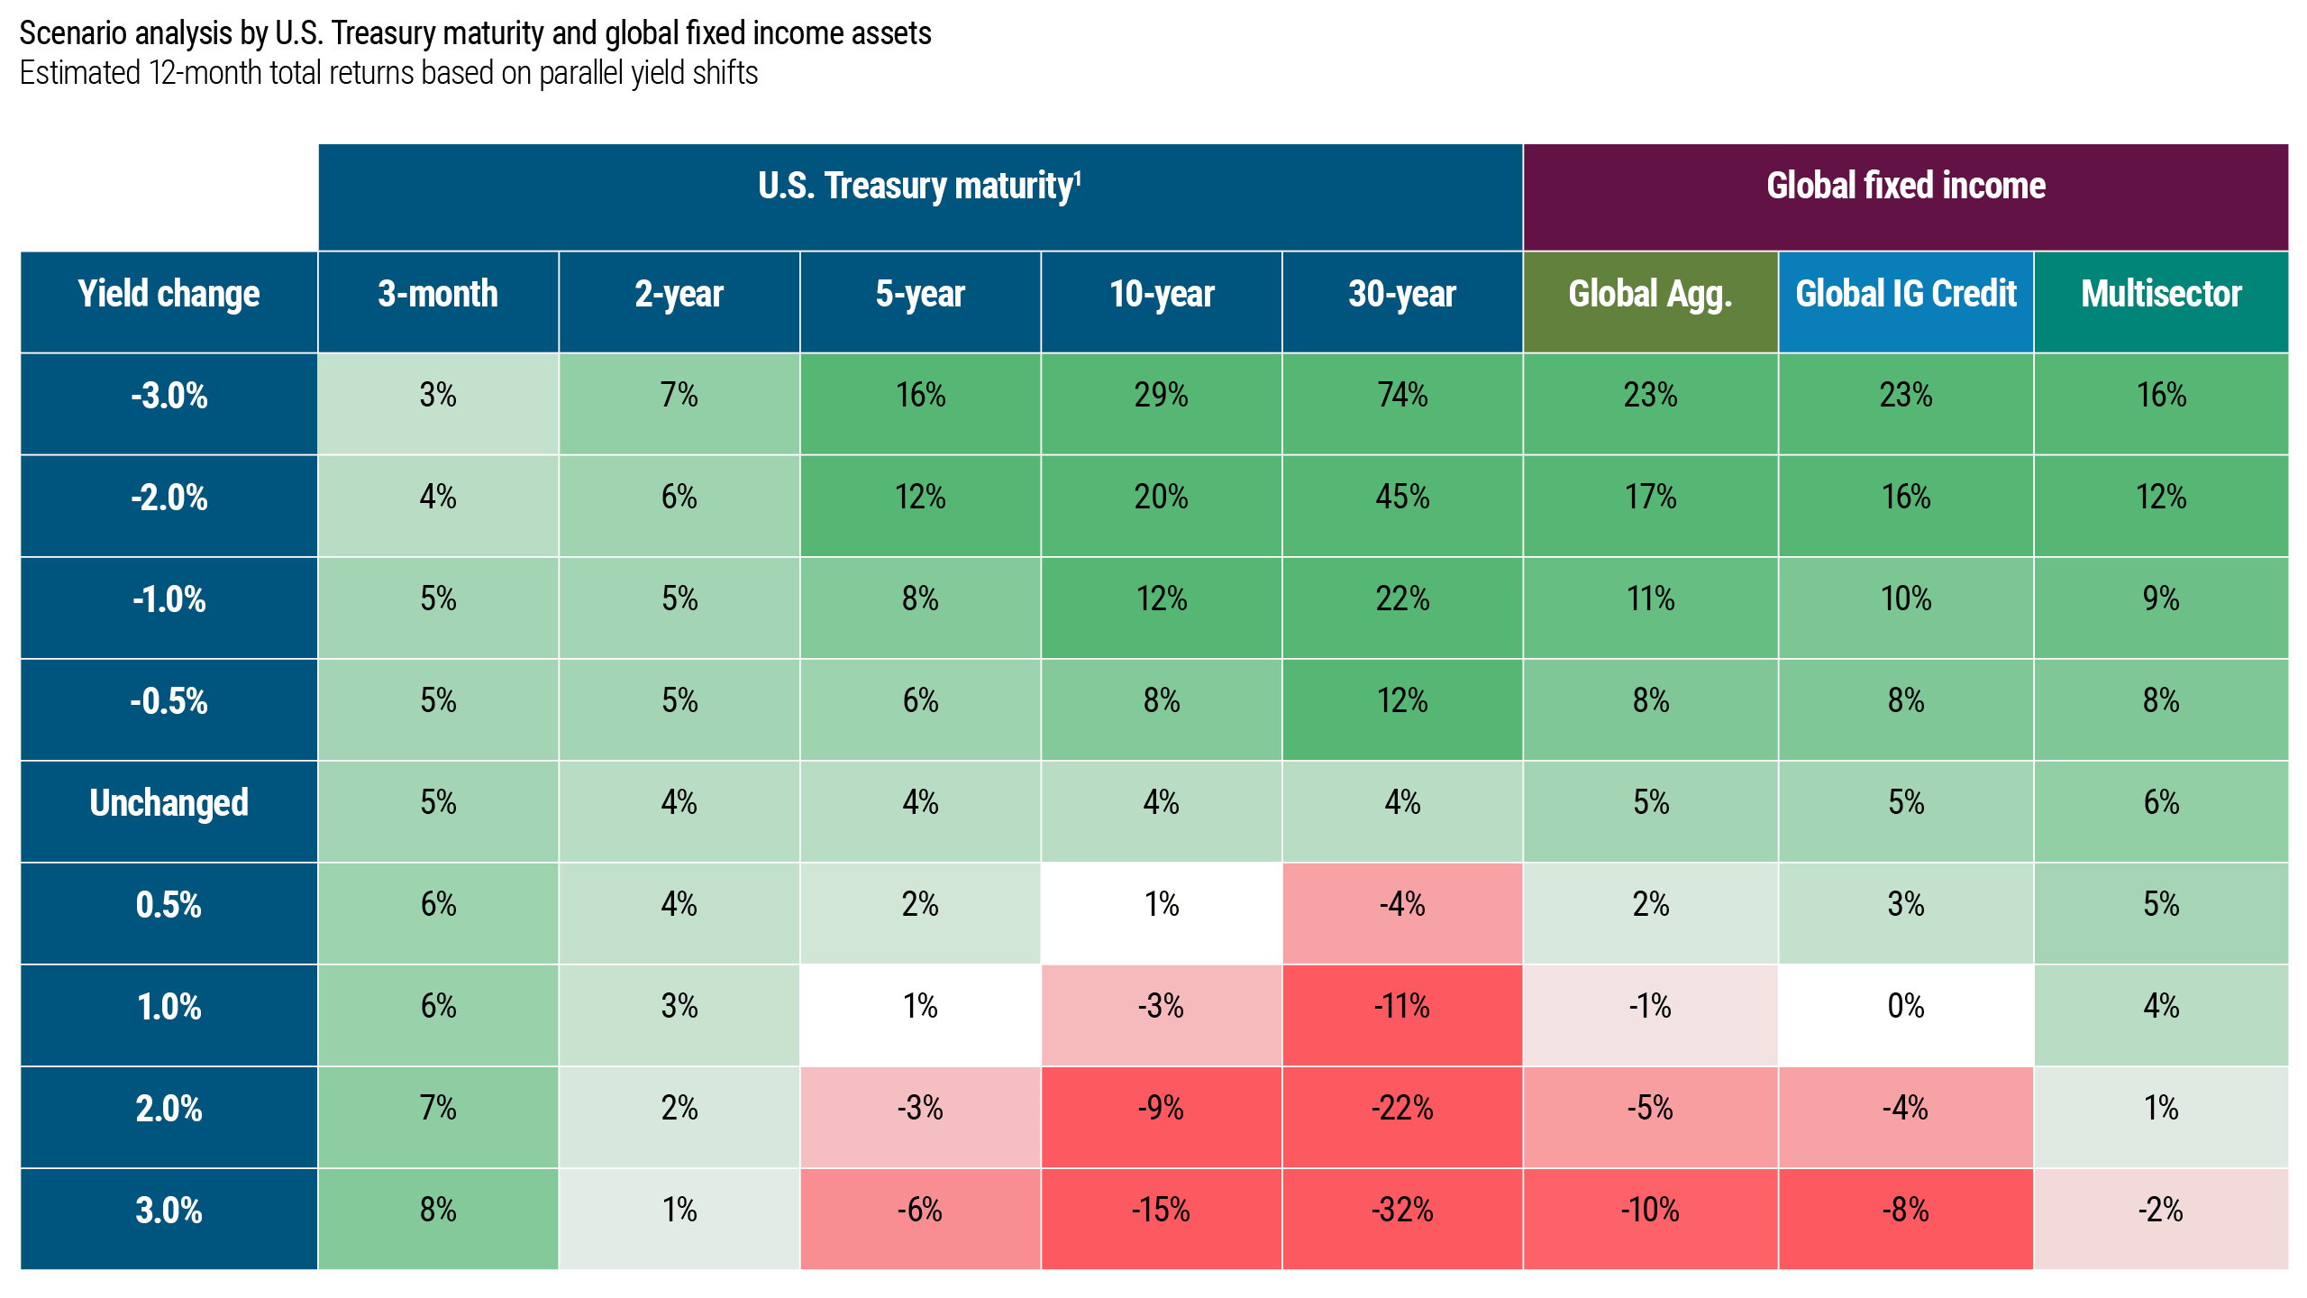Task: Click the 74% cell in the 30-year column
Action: coord(1402,395)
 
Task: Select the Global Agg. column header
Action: coord(1650,294)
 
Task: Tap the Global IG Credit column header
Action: coord(1905,294)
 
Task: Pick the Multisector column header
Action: coord(2161,294)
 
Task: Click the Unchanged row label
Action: coord(169,802)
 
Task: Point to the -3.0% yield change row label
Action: coord(169,396)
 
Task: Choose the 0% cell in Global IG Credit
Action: coord(1905,1006)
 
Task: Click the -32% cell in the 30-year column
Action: coord(1402,1210)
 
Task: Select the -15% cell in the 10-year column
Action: coord(1161,1210)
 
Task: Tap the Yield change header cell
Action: coord(169,294)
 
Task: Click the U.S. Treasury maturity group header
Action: coord(919,187)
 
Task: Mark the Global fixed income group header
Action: coord(1905,186)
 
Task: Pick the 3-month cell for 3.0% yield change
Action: coord(438,1210)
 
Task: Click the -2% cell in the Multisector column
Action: coord(2161,1210)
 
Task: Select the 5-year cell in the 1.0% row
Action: coord(920,1006)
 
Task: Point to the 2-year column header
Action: coord(679,294)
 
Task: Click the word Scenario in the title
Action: coord(80,33)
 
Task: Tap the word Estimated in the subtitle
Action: coord(78,73)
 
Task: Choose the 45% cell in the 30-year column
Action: coord(1402,497)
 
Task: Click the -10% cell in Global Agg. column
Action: coord(1650,1210)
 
